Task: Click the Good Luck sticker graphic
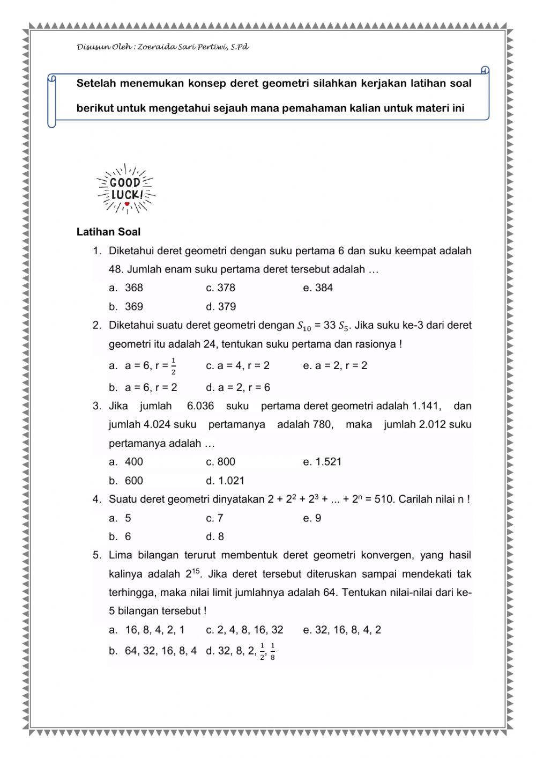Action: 126,189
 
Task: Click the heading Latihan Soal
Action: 108,232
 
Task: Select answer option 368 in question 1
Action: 133,288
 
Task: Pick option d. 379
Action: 221,307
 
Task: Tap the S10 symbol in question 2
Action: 303,326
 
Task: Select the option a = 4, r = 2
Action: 237,366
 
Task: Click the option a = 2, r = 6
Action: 237,387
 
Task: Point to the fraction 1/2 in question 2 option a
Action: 173,367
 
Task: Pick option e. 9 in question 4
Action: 312,518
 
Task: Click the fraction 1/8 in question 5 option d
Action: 272,651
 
